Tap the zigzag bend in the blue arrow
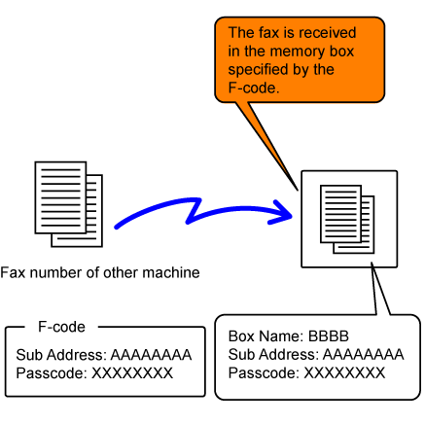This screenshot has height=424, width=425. (x=194, y=211)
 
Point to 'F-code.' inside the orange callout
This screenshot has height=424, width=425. (x=254, y=88)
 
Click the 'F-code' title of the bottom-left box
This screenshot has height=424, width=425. (x=61, y=327)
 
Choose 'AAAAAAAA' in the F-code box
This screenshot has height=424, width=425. (x=151, y=355)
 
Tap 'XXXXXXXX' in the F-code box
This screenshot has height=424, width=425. (x=132, y=373)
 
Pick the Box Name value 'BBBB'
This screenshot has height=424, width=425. (x=329, y=336)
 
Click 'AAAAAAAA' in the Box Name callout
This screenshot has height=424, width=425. (x=364, y=354)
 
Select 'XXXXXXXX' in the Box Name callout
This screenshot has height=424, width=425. (x=344, y=372)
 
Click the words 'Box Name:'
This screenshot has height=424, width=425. (x=266, y=336)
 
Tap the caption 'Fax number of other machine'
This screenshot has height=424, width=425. (x=100, y=272)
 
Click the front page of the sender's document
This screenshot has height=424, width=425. (x=60, y=197)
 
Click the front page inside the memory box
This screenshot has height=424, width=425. (x=340, y=214)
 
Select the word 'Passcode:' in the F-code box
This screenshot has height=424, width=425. (x=52, y=373)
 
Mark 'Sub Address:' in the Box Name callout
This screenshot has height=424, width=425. (x=273, y=354)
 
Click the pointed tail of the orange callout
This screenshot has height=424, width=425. (x=298, y=190)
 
